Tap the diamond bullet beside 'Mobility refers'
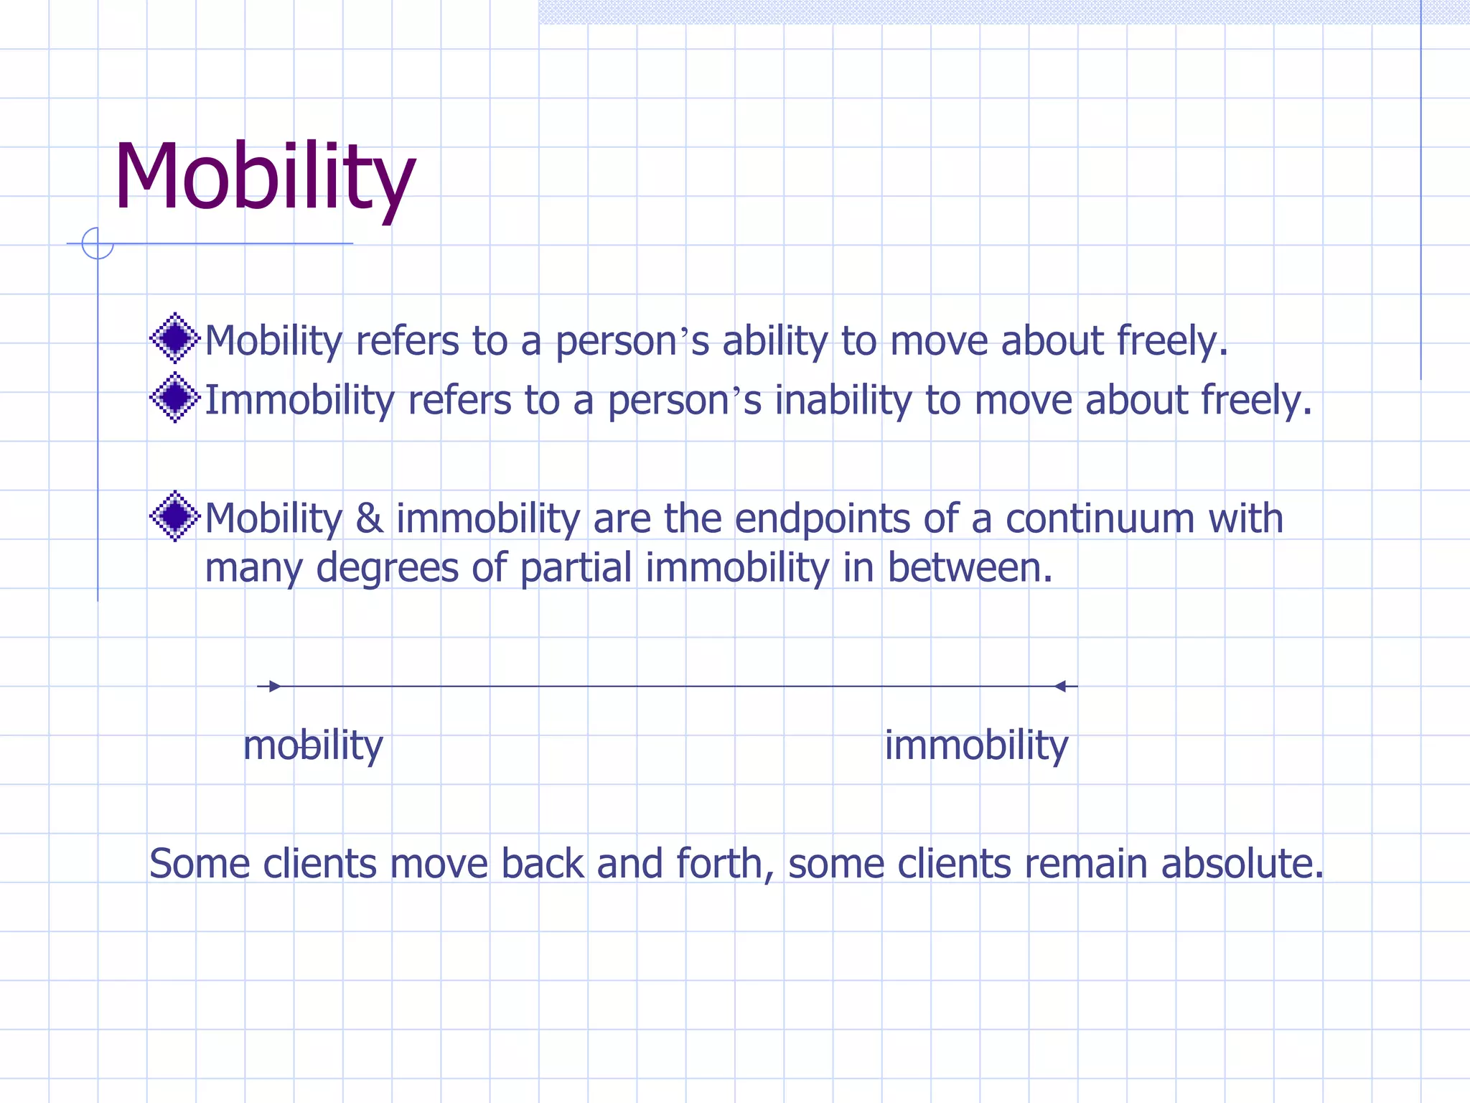coord(174,338)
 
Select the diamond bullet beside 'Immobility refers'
coord(174,397)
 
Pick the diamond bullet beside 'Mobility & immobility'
coord(174,516)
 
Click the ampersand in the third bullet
coord(369,518)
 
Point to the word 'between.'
coord(970,567)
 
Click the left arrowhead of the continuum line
coord(273,687)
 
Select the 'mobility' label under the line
coord(313,745)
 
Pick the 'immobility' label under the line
coord(976,745)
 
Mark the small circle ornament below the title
coord(98,243)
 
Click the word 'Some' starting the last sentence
coord(200,863)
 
